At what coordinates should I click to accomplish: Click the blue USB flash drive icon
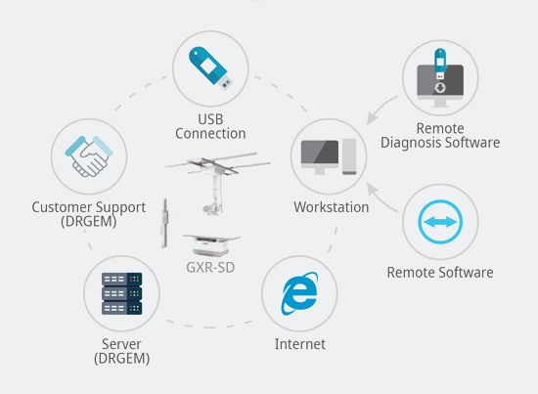point(210,67)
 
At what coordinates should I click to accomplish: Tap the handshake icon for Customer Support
point(89,156)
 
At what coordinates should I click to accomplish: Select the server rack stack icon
point(122,293)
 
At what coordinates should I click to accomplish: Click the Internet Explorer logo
point(299,293)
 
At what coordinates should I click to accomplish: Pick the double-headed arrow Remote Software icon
point(440,222)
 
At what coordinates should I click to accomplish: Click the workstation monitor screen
point(320,153)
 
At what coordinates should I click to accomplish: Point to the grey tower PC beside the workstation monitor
point(349,156)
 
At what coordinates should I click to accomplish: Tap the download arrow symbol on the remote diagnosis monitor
point(440,88)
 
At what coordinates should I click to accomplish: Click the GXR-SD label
point(210,268)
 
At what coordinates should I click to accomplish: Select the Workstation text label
point(331,207)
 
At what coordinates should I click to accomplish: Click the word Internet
point(300,344)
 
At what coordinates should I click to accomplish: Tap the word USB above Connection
point(210,119)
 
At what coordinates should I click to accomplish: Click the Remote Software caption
point(440,273)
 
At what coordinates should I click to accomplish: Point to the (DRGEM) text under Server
point(122,359)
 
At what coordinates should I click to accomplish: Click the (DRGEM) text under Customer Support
point(88,222)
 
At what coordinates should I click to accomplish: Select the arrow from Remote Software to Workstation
point(380,198)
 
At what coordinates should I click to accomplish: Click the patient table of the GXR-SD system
point(211,245)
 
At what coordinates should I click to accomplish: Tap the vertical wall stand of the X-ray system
point(165,223)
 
